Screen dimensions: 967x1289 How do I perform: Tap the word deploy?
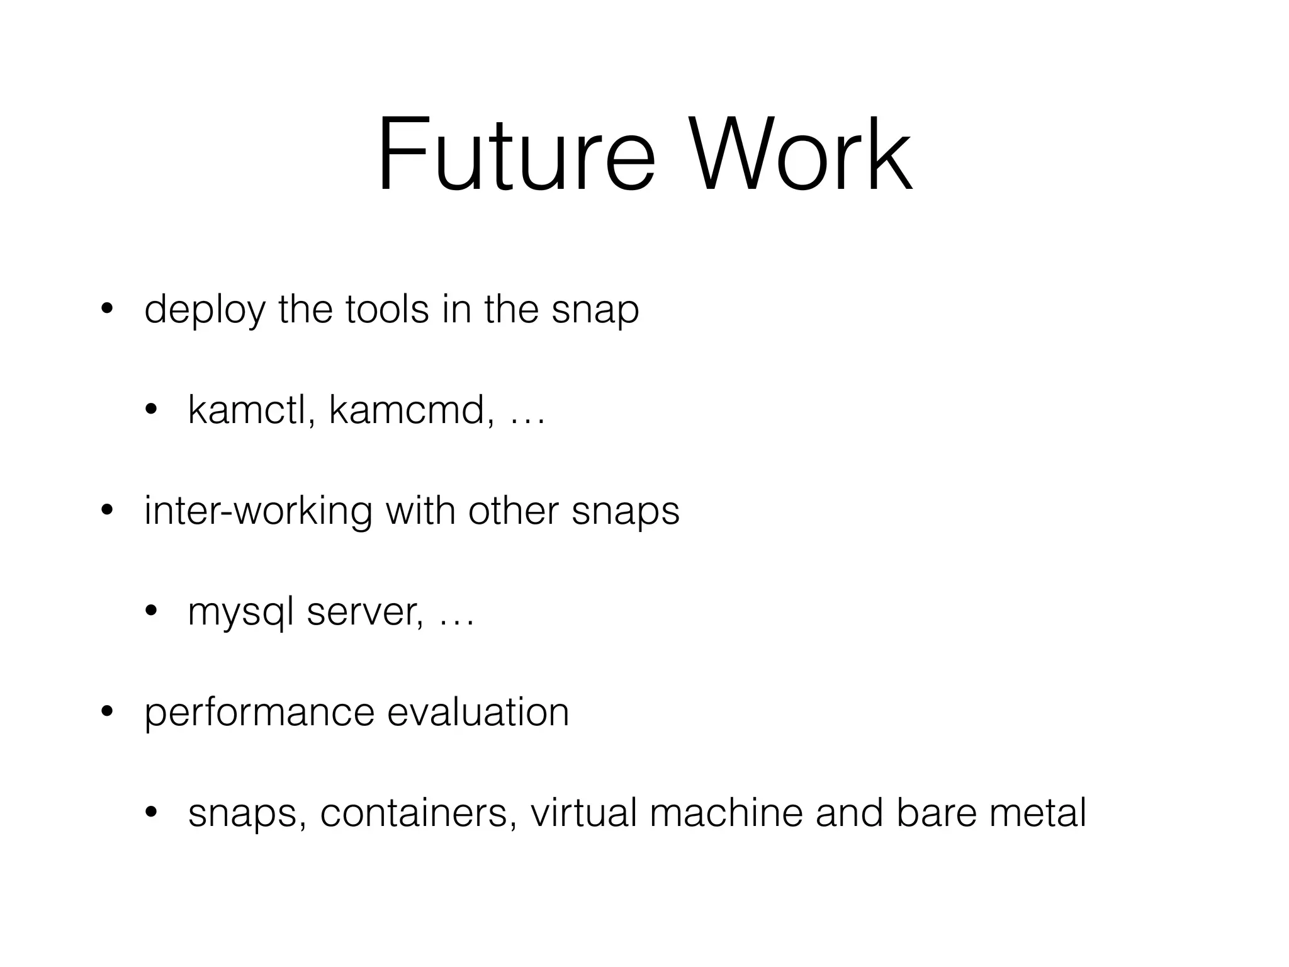[205, 310]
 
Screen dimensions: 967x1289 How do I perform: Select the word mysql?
[241, 613]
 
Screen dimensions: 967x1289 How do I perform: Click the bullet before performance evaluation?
[106, 713]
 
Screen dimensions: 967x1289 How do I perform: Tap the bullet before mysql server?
[150, 612]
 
